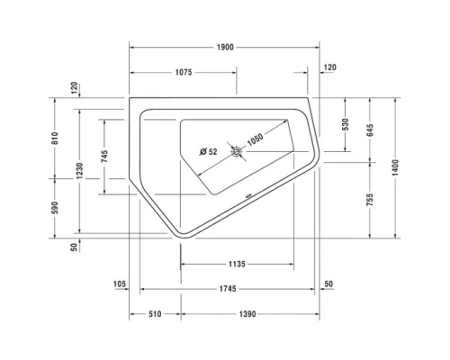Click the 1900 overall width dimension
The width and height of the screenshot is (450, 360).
tap(226, 46)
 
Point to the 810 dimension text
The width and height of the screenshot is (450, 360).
tap(55, 138)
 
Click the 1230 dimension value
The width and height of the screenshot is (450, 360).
tap(80, 169)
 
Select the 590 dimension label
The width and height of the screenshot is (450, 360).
tap(55, 207)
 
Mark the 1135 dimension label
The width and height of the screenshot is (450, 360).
tap(236, 264)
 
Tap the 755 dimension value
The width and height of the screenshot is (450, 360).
tap(369, 200)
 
